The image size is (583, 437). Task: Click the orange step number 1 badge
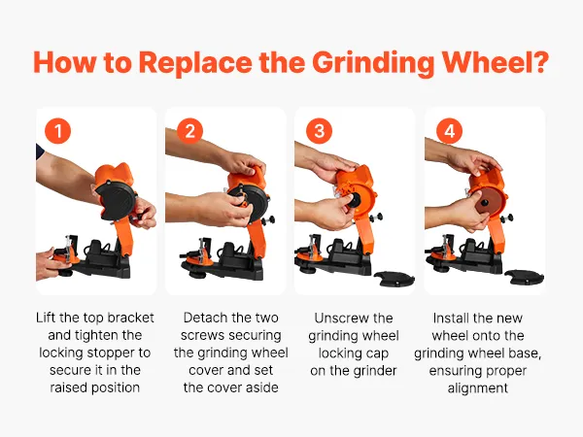[57, 131]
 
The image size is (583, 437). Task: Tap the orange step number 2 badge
[189, 131]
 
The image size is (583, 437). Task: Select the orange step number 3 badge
[319, 131]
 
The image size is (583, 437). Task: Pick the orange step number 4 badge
[450, 131]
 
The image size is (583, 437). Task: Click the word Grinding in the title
[373, 63]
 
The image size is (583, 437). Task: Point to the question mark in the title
[539, 62]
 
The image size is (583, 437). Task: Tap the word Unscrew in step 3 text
[338, 319]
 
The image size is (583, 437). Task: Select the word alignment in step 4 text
[478, 388]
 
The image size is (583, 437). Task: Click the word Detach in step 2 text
[205, 318]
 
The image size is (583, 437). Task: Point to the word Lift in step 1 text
[46, 318]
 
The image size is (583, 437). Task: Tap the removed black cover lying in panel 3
[394, 279]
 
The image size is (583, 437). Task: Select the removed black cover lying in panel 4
[525, 277]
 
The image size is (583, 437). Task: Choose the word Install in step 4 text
[451, 319]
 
